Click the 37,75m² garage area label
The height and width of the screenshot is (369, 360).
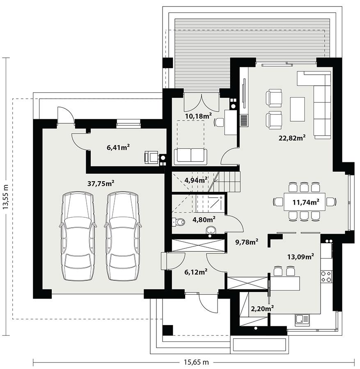(101, 184)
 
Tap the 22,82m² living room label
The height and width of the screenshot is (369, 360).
(292, 138)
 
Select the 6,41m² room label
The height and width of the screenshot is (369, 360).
(118, 147)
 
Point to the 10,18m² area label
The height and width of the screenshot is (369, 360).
(198, 116)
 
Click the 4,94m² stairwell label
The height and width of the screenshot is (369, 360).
(195, 180)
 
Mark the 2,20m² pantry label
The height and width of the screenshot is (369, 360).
(262, 308)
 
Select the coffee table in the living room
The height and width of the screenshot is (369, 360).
(297, 109)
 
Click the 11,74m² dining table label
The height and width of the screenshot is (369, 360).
(305, 202)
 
